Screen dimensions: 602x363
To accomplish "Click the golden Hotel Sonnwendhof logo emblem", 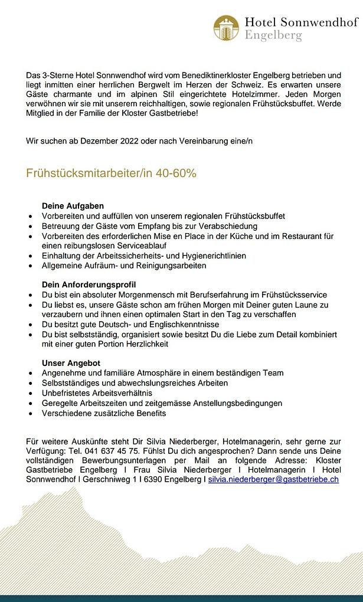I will point(226,28).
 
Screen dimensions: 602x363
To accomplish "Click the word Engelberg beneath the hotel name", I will point(273,35).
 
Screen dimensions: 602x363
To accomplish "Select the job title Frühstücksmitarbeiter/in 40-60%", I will point(111,174).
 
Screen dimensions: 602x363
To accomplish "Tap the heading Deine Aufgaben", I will point(73,206).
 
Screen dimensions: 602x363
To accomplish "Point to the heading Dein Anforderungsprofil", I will point(89,284).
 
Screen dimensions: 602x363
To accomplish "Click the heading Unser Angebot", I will point(71,362).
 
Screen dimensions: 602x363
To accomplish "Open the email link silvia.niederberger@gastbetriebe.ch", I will point(273,479).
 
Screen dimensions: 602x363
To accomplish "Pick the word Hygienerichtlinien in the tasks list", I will point(210,256).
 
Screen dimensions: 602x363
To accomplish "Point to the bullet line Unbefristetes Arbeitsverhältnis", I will point(97,392).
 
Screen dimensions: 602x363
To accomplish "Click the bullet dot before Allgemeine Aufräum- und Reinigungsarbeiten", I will point(30,266).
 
